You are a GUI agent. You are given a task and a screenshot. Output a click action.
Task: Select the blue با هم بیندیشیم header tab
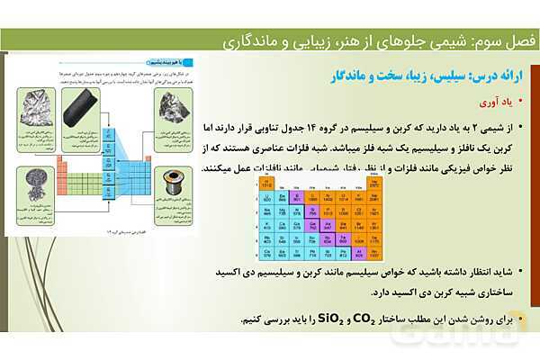pos(175,63)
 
